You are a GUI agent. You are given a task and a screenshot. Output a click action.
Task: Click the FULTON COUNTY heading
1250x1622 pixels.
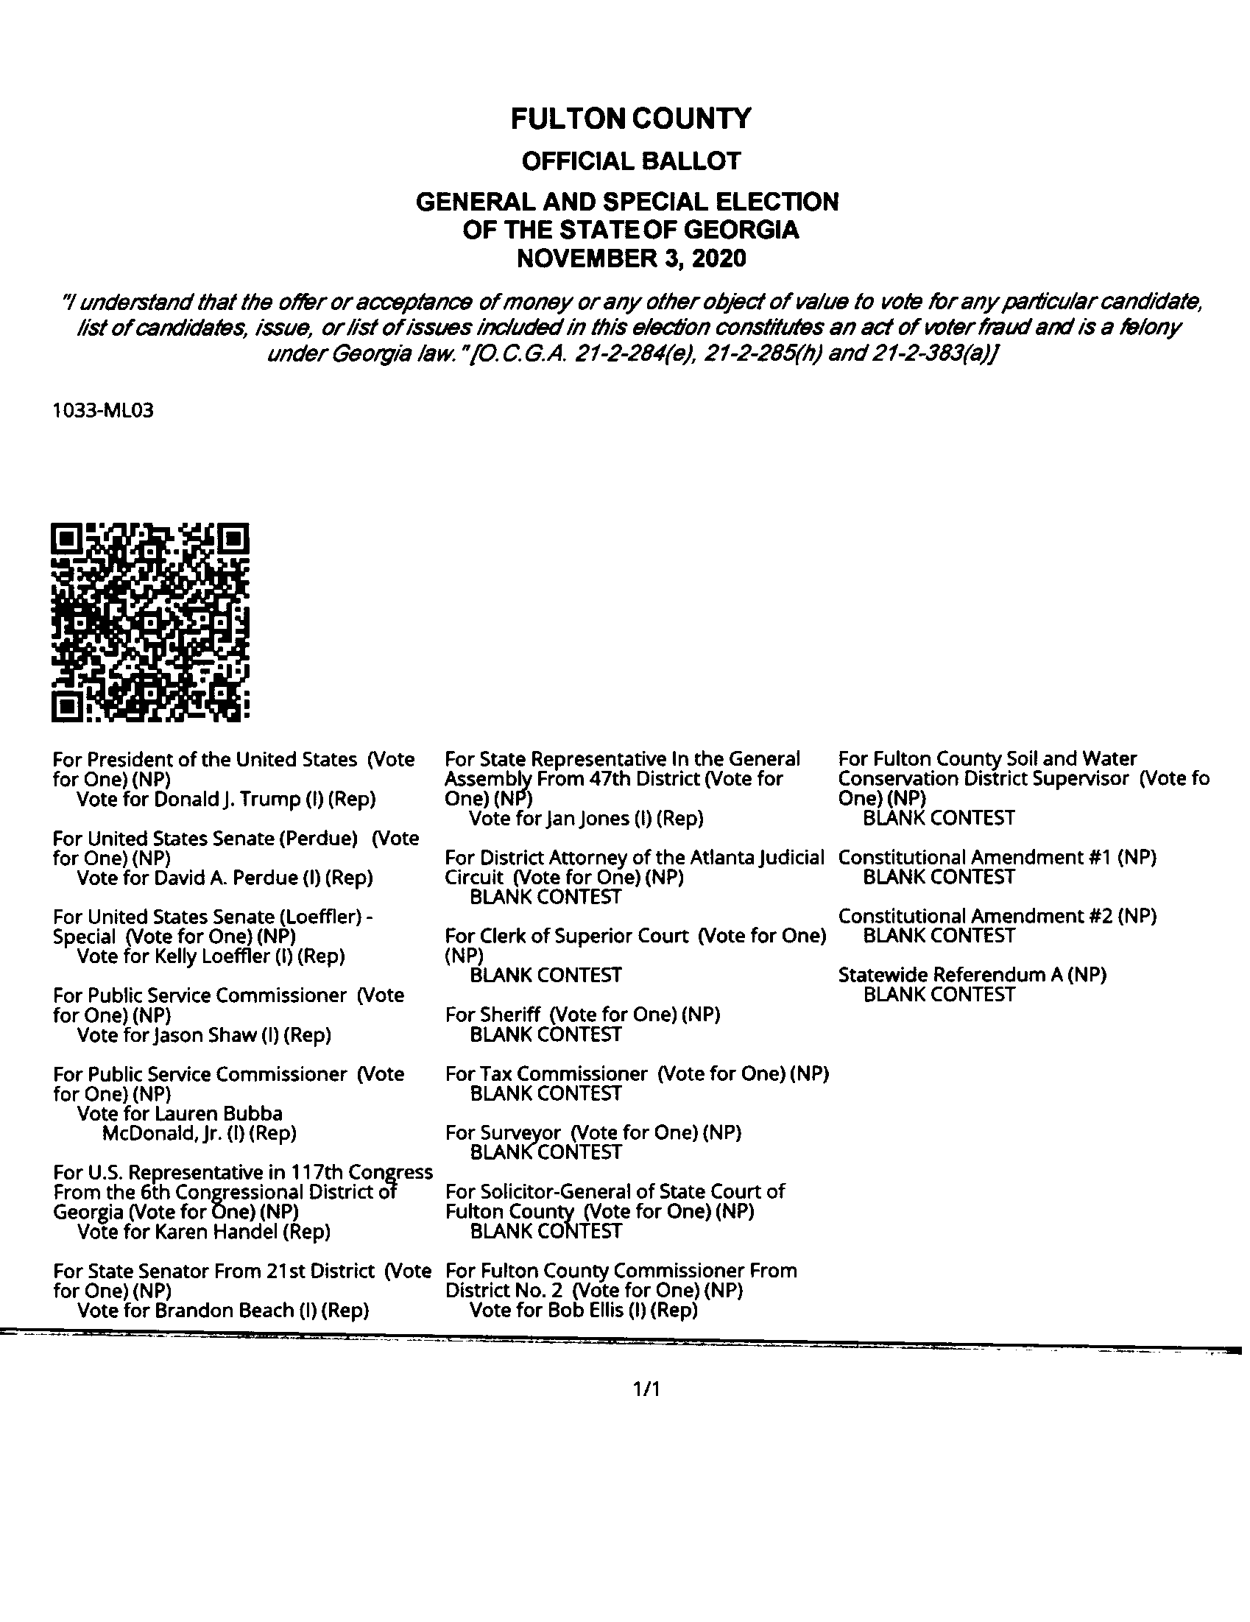[x=631, y=119]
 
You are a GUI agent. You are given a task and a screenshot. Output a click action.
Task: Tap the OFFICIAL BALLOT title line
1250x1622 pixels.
[x=631, y=161]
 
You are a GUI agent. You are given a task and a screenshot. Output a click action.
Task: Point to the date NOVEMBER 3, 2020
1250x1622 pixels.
[x=631, y=258]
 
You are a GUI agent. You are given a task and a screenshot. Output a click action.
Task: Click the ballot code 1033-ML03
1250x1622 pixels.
[x=103, y=411]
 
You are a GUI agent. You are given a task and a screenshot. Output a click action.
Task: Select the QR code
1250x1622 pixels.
[x=150, y=622]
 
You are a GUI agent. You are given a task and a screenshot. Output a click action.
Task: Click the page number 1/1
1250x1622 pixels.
[x=646, y=1389]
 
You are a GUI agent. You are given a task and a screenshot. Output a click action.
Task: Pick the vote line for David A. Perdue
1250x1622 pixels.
[x=225, y=878]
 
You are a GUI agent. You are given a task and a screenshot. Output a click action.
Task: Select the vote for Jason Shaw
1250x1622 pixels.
[x=204, y=1034]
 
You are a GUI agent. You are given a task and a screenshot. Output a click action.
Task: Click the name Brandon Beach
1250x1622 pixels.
[x=225, y=1311]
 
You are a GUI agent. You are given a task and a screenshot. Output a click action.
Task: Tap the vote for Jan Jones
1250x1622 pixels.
[x=586, y=819]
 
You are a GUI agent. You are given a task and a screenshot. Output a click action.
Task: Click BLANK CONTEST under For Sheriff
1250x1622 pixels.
[x=545, y=1034]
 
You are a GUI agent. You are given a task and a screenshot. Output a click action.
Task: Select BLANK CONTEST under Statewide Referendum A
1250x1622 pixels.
[x=939, y=995]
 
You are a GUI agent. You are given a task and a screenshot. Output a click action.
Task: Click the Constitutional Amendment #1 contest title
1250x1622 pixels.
[x=997, y=857]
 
